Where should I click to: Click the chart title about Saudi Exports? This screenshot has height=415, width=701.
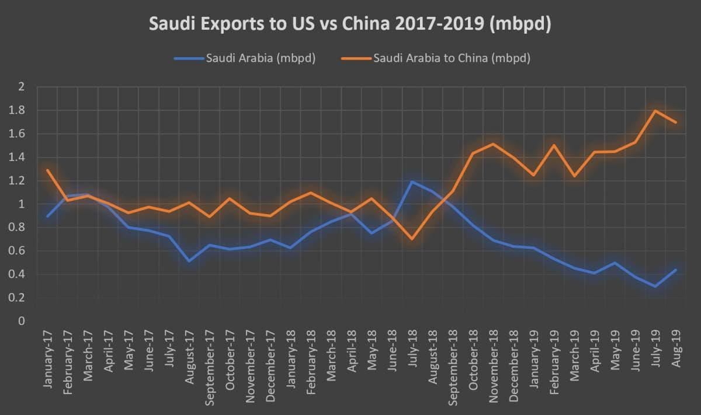tap(350, 25)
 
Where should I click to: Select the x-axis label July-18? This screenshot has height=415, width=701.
tap(413, 350)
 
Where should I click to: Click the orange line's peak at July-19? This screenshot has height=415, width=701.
tap(655, 110)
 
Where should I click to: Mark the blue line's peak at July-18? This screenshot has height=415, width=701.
tap(412, 182)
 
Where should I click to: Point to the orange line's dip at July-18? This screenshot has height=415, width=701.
tap(412, 239)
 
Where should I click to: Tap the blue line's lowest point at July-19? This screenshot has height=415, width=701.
tap(655, 286)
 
